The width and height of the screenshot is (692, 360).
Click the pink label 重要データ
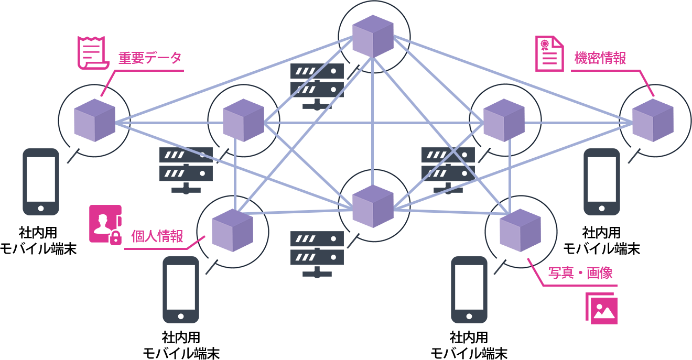149,58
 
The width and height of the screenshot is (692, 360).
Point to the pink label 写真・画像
580,273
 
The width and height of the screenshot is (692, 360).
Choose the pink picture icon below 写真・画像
601,309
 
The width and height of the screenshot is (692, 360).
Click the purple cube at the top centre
373,36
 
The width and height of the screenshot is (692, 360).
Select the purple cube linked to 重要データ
94,120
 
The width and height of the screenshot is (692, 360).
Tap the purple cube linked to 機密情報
653,121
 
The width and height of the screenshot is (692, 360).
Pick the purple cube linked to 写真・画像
520,230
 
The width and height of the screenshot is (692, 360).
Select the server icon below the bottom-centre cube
317,254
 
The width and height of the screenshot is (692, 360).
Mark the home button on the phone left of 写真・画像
469,317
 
